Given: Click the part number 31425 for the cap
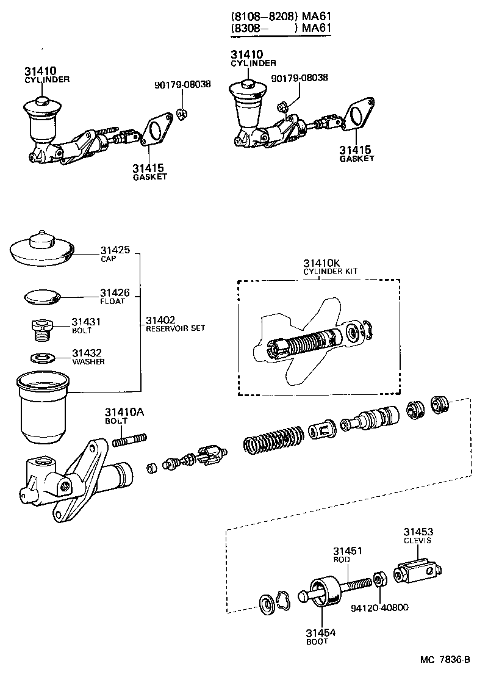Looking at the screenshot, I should pyautogui.click(x=115, y=250).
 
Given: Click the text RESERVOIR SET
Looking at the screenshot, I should pyautogui.click(x=175, y=328).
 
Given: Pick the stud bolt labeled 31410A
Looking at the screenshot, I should pyautogui.click(x=129, y=439).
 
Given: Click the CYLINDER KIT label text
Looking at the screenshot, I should pyautogui.click(x=331, y=271).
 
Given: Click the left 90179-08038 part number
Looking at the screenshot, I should pyautogui.click(x=182, y=84).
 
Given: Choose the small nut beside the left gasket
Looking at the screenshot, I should pyautogui.click(x=182, y=113).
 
